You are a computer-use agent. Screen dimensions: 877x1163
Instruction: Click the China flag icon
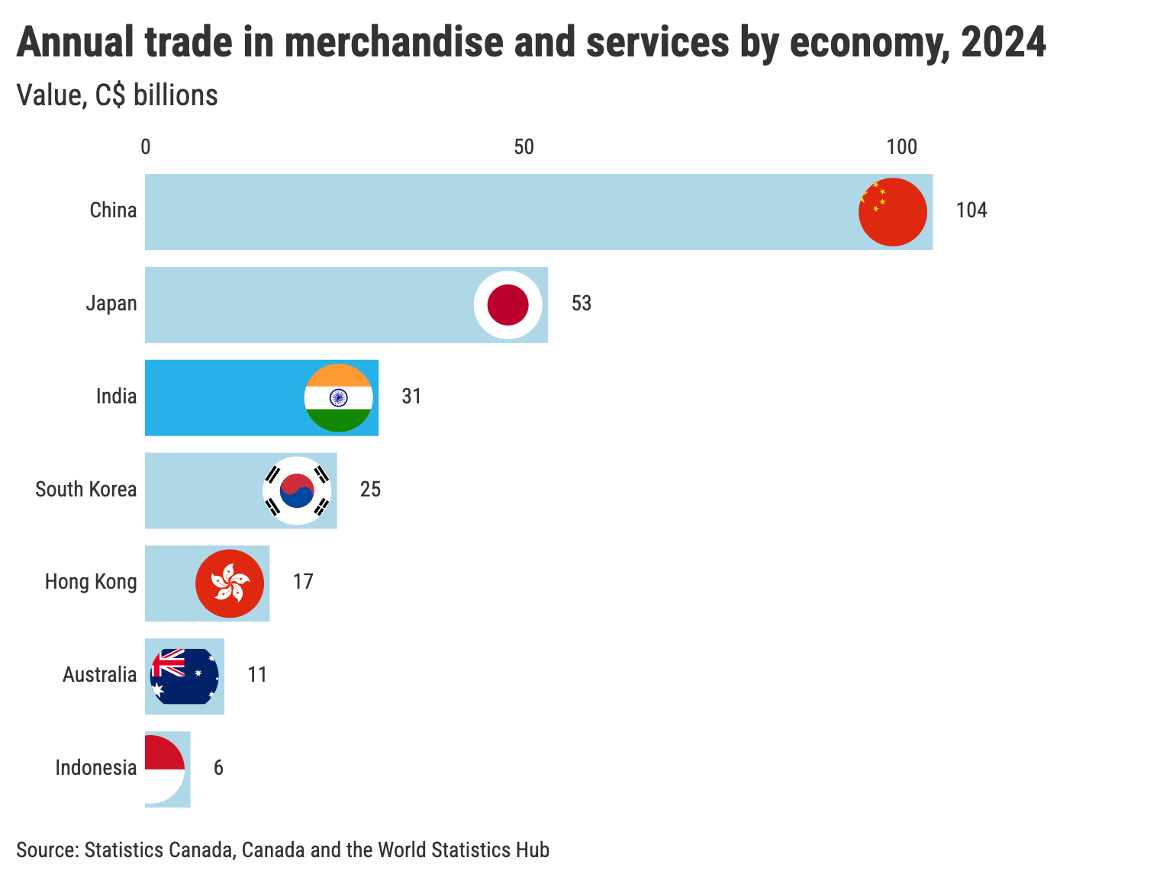892,212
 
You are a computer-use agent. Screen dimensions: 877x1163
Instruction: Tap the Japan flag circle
507,305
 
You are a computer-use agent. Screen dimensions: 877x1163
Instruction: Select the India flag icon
338,398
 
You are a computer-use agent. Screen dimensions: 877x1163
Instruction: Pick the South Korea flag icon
297,490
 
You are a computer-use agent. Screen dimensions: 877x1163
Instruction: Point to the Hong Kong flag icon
230,583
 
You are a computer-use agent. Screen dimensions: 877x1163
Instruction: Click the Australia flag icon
185,676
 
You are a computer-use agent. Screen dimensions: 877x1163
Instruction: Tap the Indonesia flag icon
164,769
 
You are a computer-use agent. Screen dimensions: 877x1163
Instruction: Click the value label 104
971,210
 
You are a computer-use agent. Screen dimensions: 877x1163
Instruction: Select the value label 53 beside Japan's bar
581,304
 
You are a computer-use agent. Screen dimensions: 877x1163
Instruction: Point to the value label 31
411,397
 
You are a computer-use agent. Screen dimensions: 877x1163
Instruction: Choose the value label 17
303,582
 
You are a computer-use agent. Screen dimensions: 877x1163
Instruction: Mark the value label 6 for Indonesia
218,768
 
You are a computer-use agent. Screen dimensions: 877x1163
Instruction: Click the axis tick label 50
524,146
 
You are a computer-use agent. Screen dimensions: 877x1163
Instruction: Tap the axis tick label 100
901,146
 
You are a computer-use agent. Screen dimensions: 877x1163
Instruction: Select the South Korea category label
86,490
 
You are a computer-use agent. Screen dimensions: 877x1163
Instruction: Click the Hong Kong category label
91,582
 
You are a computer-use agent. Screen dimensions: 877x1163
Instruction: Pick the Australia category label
100,675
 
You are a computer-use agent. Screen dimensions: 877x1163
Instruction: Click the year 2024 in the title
1003,43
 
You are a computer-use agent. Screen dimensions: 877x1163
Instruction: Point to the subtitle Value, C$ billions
117,96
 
